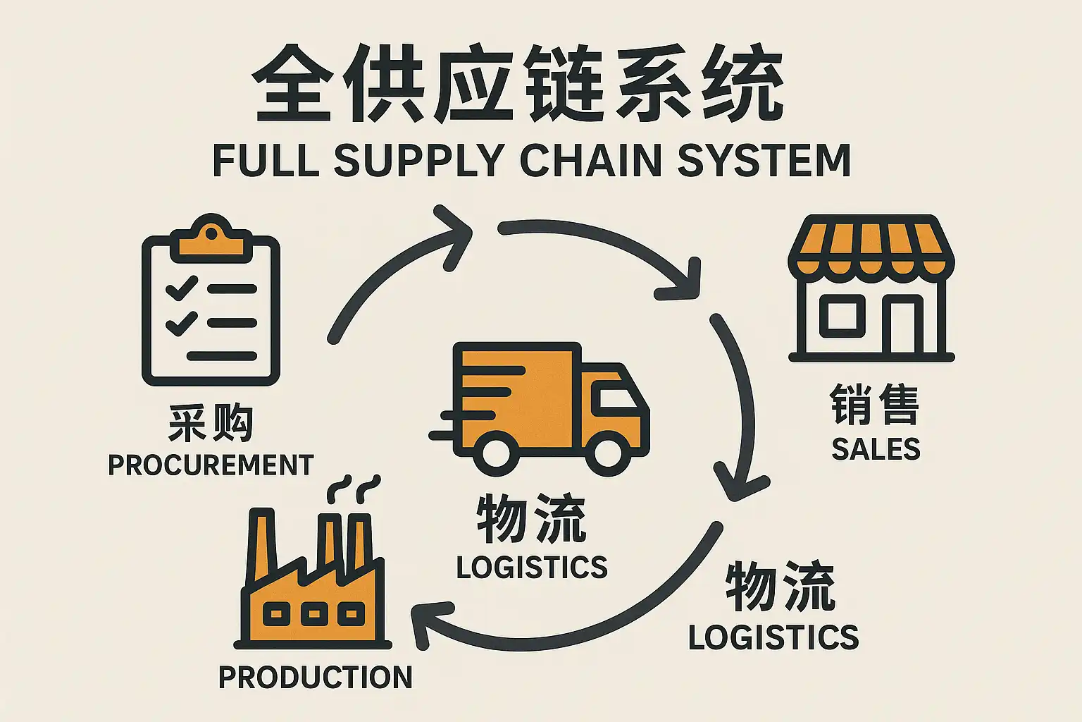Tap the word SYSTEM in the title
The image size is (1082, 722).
coord(764,160)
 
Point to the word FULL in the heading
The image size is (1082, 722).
coord(266,160)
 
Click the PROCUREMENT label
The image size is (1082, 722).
coord(211,465)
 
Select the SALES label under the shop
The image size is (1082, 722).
coord(876,449)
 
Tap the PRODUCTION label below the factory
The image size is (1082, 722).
coord(315,678)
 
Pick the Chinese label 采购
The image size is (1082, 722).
coord(211,423)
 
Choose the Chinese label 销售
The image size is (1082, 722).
coord(875,405)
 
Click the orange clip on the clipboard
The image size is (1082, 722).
coord(211,240)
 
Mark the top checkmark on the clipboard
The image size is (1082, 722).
coord(181,288)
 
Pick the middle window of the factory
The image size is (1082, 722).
coord(314,614)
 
